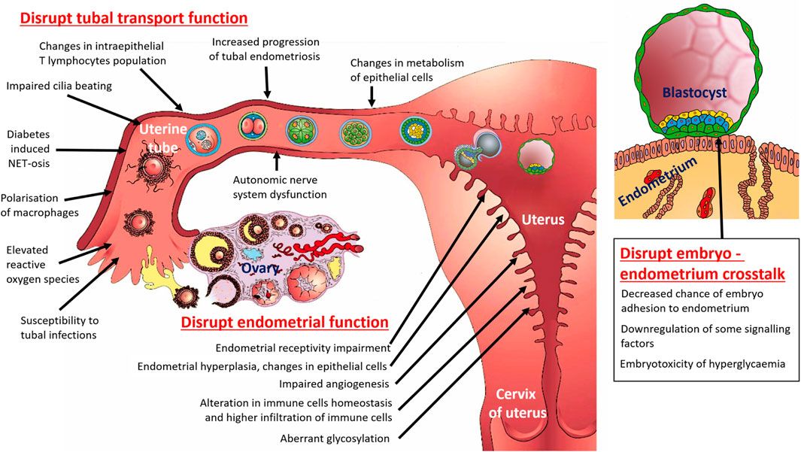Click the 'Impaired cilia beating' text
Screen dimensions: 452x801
(x=59, y=86)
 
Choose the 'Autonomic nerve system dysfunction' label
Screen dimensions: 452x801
(x=279, y=187)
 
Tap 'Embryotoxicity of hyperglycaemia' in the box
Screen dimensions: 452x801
(x=704, y=364)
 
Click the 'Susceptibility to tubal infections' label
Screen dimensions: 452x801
(x=59, y=328)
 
